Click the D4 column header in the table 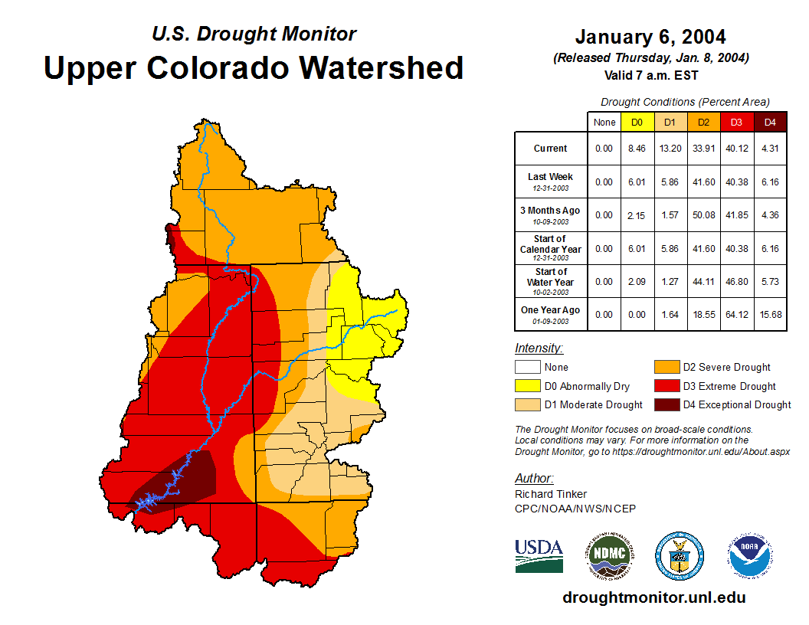pyautogui.click(x=771, y=122)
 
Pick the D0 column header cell pyautogui.click(x=637, y=122)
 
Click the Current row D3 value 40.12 pyautogui.click(x=737, y=149)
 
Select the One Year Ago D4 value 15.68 pyautogui.click(x=771, y=315)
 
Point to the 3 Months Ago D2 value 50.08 pyautogui.click(x=704, y=215)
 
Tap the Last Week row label pyautogui.click(x=551, y=182)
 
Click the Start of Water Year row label pyautogui.click(x=551, y=281)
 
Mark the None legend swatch pyautogui.click(x=527, y=367)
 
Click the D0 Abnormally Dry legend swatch pyautogui.click(x=527, y=386)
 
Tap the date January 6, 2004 pyautogui.click(x=650, y=37)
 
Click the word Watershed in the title pyautogui.click(x=381, y=67)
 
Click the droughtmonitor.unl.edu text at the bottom pyautogui.click(x=653, y=597)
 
